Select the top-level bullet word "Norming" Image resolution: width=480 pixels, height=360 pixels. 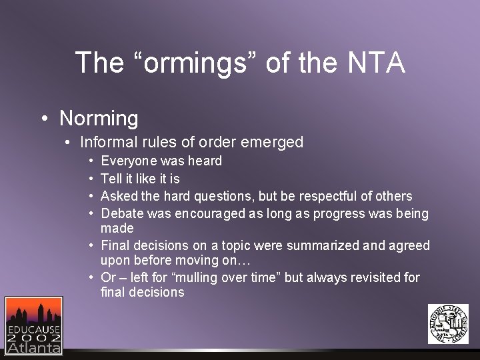99,119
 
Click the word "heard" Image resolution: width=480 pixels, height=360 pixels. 206,161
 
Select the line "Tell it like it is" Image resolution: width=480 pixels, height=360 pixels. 140,179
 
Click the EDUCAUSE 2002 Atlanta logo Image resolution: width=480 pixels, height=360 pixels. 33,325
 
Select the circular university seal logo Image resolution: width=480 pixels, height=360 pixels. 448,324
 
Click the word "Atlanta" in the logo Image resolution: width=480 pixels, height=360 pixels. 33,347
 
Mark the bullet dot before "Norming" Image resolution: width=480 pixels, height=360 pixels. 43,119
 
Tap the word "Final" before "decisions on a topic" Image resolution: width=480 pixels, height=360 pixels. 115,245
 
